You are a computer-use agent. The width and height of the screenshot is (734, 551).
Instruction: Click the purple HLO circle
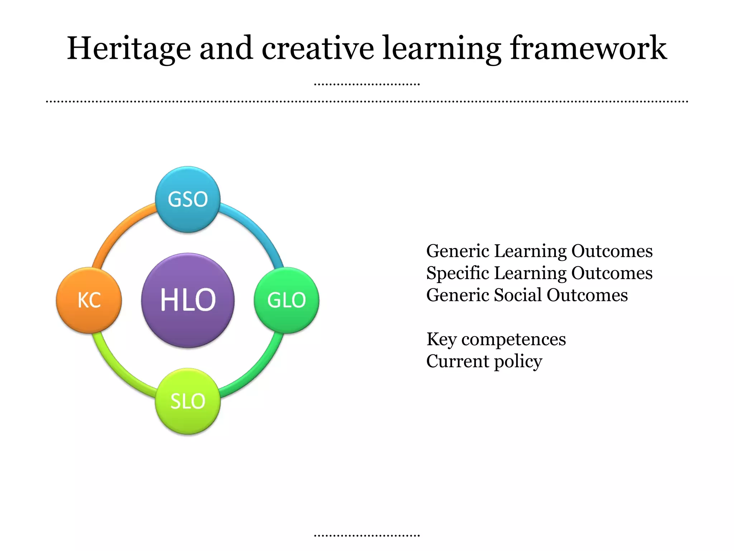click(x=188, y=300)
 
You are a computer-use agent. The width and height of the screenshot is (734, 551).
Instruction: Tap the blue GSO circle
click(x=188, y=199)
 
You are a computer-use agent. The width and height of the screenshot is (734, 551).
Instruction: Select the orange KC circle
click(x=89, y=300)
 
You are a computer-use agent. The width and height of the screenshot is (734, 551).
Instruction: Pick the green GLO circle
click(x=286, y=300)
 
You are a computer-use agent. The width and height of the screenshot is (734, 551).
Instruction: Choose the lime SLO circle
click(x=188, y=401)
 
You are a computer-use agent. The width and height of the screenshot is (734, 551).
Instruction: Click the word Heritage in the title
click(x=129, y=48)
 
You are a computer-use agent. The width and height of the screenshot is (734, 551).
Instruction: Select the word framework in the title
click(x=588, y=48)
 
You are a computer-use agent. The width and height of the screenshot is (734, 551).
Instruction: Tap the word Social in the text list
click(x=518, y=295)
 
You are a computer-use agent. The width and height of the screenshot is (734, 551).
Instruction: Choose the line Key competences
click(x=496, y=339)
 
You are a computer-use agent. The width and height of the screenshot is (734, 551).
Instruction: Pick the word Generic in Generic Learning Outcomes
click(x=458, y=251)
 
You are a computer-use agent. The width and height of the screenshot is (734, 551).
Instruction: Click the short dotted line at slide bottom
click(x=367, y=536)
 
